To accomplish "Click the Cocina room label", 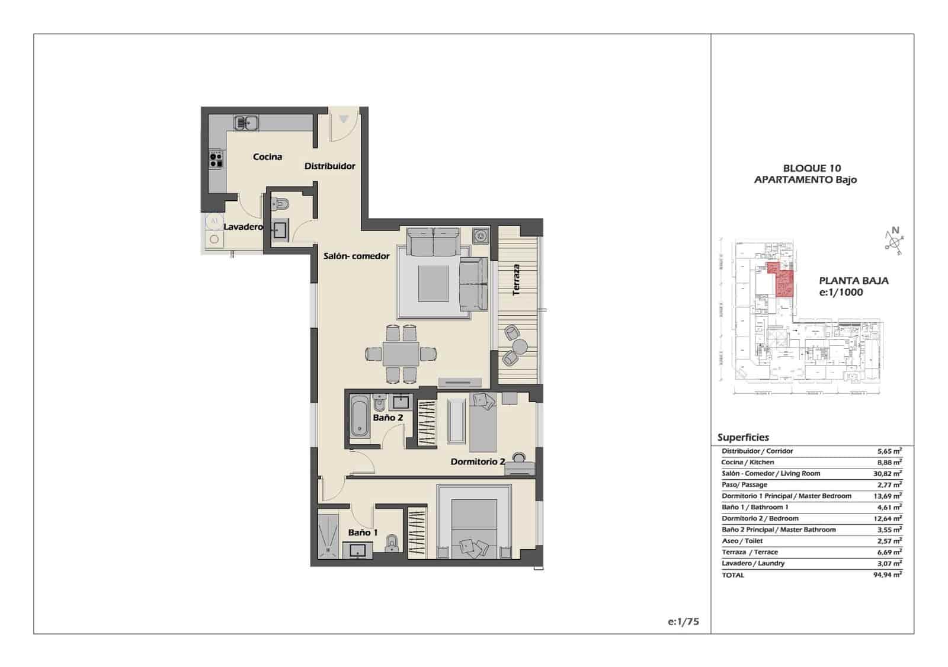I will click(x=267, y=157).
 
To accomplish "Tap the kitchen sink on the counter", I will click(x=245, y=123).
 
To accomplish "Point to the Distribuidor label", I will click(x=329, y=166).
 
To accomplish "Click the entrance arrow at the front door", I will click(x=344, y=120).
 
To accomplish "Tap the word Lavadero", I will click(x=242, y=227).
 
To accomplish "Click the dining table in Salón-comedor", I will click(x=401, y=354).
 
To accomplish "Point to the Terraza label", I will click(x=517, y=280).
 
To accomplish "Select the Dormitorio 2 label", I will click(x=478, y=461).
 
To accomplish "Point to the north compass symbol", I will click(x=895, y=239).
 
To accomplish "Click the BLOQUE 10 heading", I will click(x=812, y=168).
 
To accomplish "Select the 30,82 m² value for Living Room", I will click(x=889, y=473).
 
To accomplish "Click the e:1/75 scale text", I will click(x=683, y=621).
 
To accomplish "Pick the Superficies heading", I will click(x=743, y=437).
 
